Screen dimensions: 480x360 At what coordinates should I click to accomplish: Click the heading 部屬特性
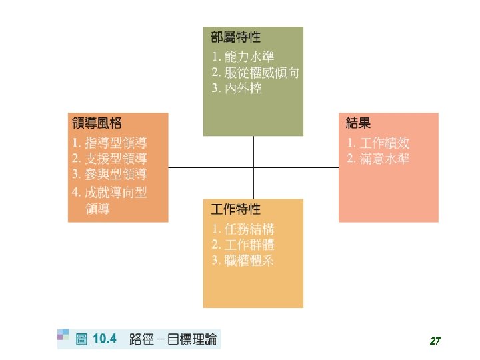click(x=235, y=37)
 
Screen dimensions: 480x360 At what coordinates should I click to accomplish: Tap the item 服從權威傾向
click(x=261, y=73)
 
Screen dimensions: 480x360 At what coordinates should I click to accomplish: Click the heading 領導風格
click(x=97, y=124)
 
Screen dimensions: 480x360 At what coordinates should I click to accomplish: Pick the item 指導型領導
click(x=116, y=143)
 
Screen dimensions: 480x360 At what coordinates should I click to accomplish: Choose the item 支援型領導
click(x=116, y=159)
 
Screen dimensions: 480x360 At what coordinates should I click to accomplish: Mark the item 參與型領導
click(x=116, y=175)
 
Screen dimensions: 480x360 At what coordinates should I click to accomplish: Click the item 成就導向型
click(x=116, y=192)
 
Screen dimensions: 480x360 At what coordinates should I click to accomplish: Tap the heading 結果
click(x=359, y=123)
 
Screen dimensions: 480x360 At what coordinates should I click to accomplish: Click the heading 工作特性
click(x=235, y=209)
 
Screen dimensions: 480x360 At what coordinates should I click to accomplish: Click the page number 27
click(x=435, y=341)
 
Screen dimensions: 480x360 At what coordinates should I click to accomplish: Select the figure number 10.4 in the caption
click(x=105, y=339)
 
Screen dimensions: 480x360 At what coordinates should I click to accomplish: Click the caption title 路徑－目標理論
click(x=173, y=339)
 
